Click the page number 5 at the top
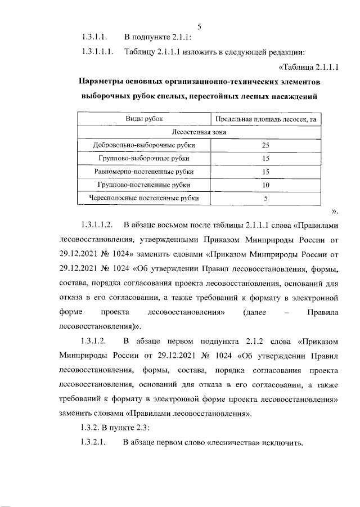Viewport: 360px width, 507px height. (x=200, y=26)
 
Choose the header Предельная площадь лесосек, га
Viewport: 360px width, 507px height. (x=265, y=119)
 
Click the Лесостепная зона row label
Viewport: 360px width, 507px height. (x=204, y=132)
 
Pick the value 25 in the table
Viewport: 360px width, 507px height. (x=266, y=145)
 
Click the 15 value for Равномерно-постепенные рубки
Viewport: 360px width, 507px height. (x=266, y=171)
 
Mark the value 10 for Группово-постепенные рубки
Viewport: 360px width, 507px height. (x=266, y=185)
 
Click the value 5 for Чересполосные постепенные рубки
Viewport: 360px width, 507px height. (x=266, y=198)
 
